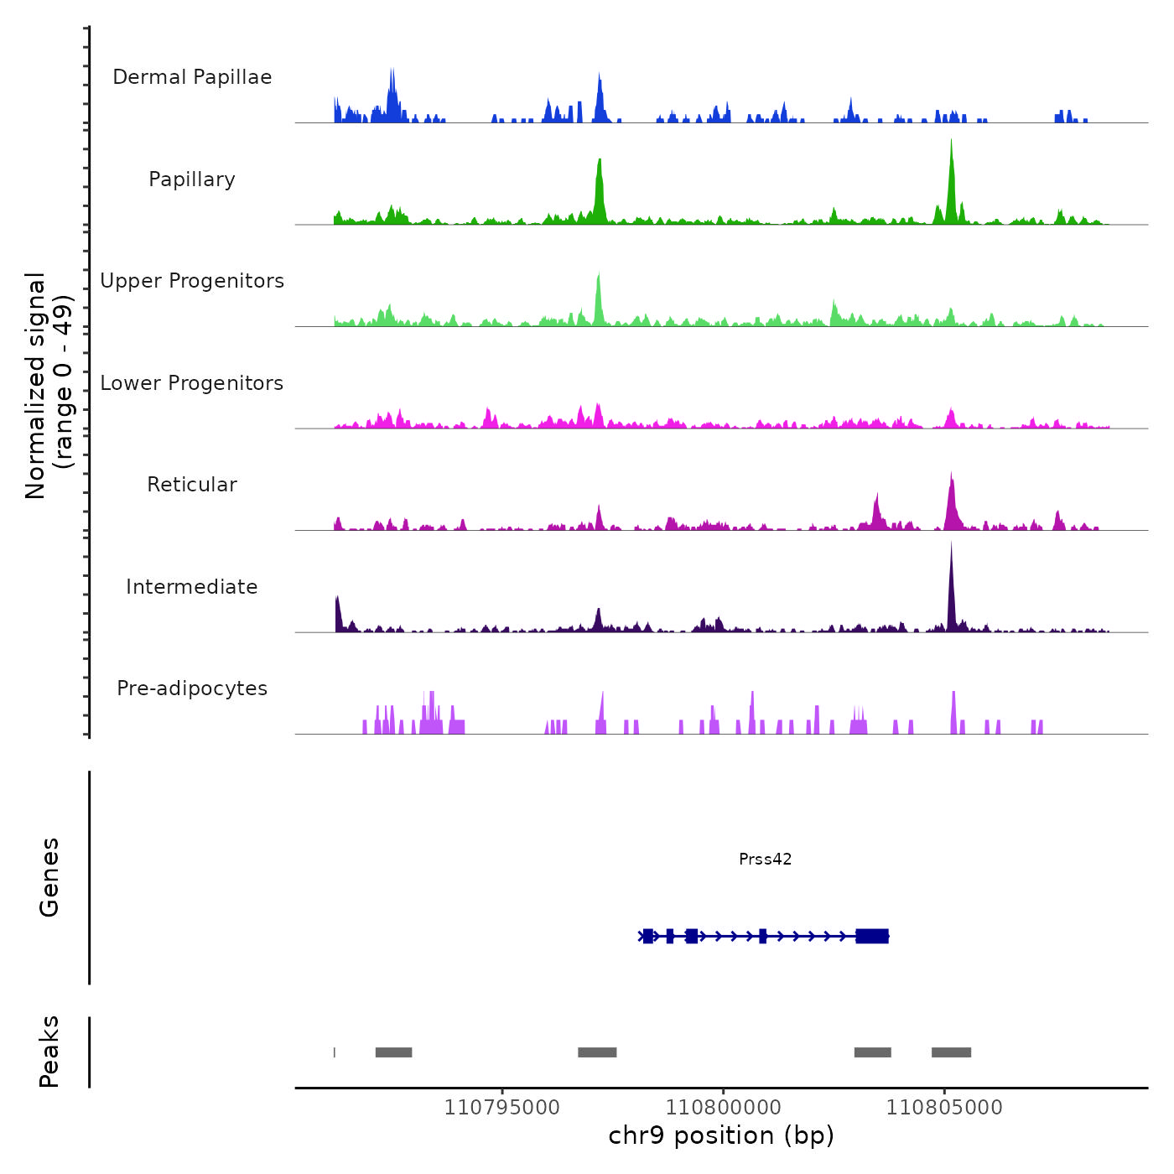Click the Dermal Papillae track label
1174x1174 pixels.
pos(192,77)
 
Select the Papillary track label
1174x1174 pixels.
pos(192,179)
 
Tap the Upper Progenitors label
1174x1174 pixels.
pos(192,281)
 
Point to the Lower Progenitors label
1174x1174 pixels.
pos(192,383)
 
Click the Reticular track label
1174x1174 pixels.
pos(192,485)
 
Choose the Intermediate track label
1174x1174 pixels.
pos(192,587)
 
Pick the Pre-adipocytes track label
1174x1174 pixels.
pos(192,688)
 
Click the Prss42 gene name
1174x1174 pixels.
pos(765,859)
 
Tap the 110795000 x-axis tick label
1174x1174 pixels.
pos(501,1108)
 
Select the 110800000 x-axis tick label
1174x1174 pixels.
pos(723,1108)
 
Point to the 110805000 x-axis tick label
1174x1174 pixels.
pos(944,1108)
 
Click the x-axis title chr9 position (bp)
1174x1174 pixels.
pos(721,1135)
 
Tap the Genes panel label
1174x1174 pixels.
pos(49,877)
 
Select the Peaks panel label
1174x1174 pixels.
pos(49,1052)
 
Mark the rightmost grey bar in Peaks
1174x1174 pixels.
pos(951,1052)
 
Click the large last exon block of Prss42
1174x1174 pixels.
pos(872,936)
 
